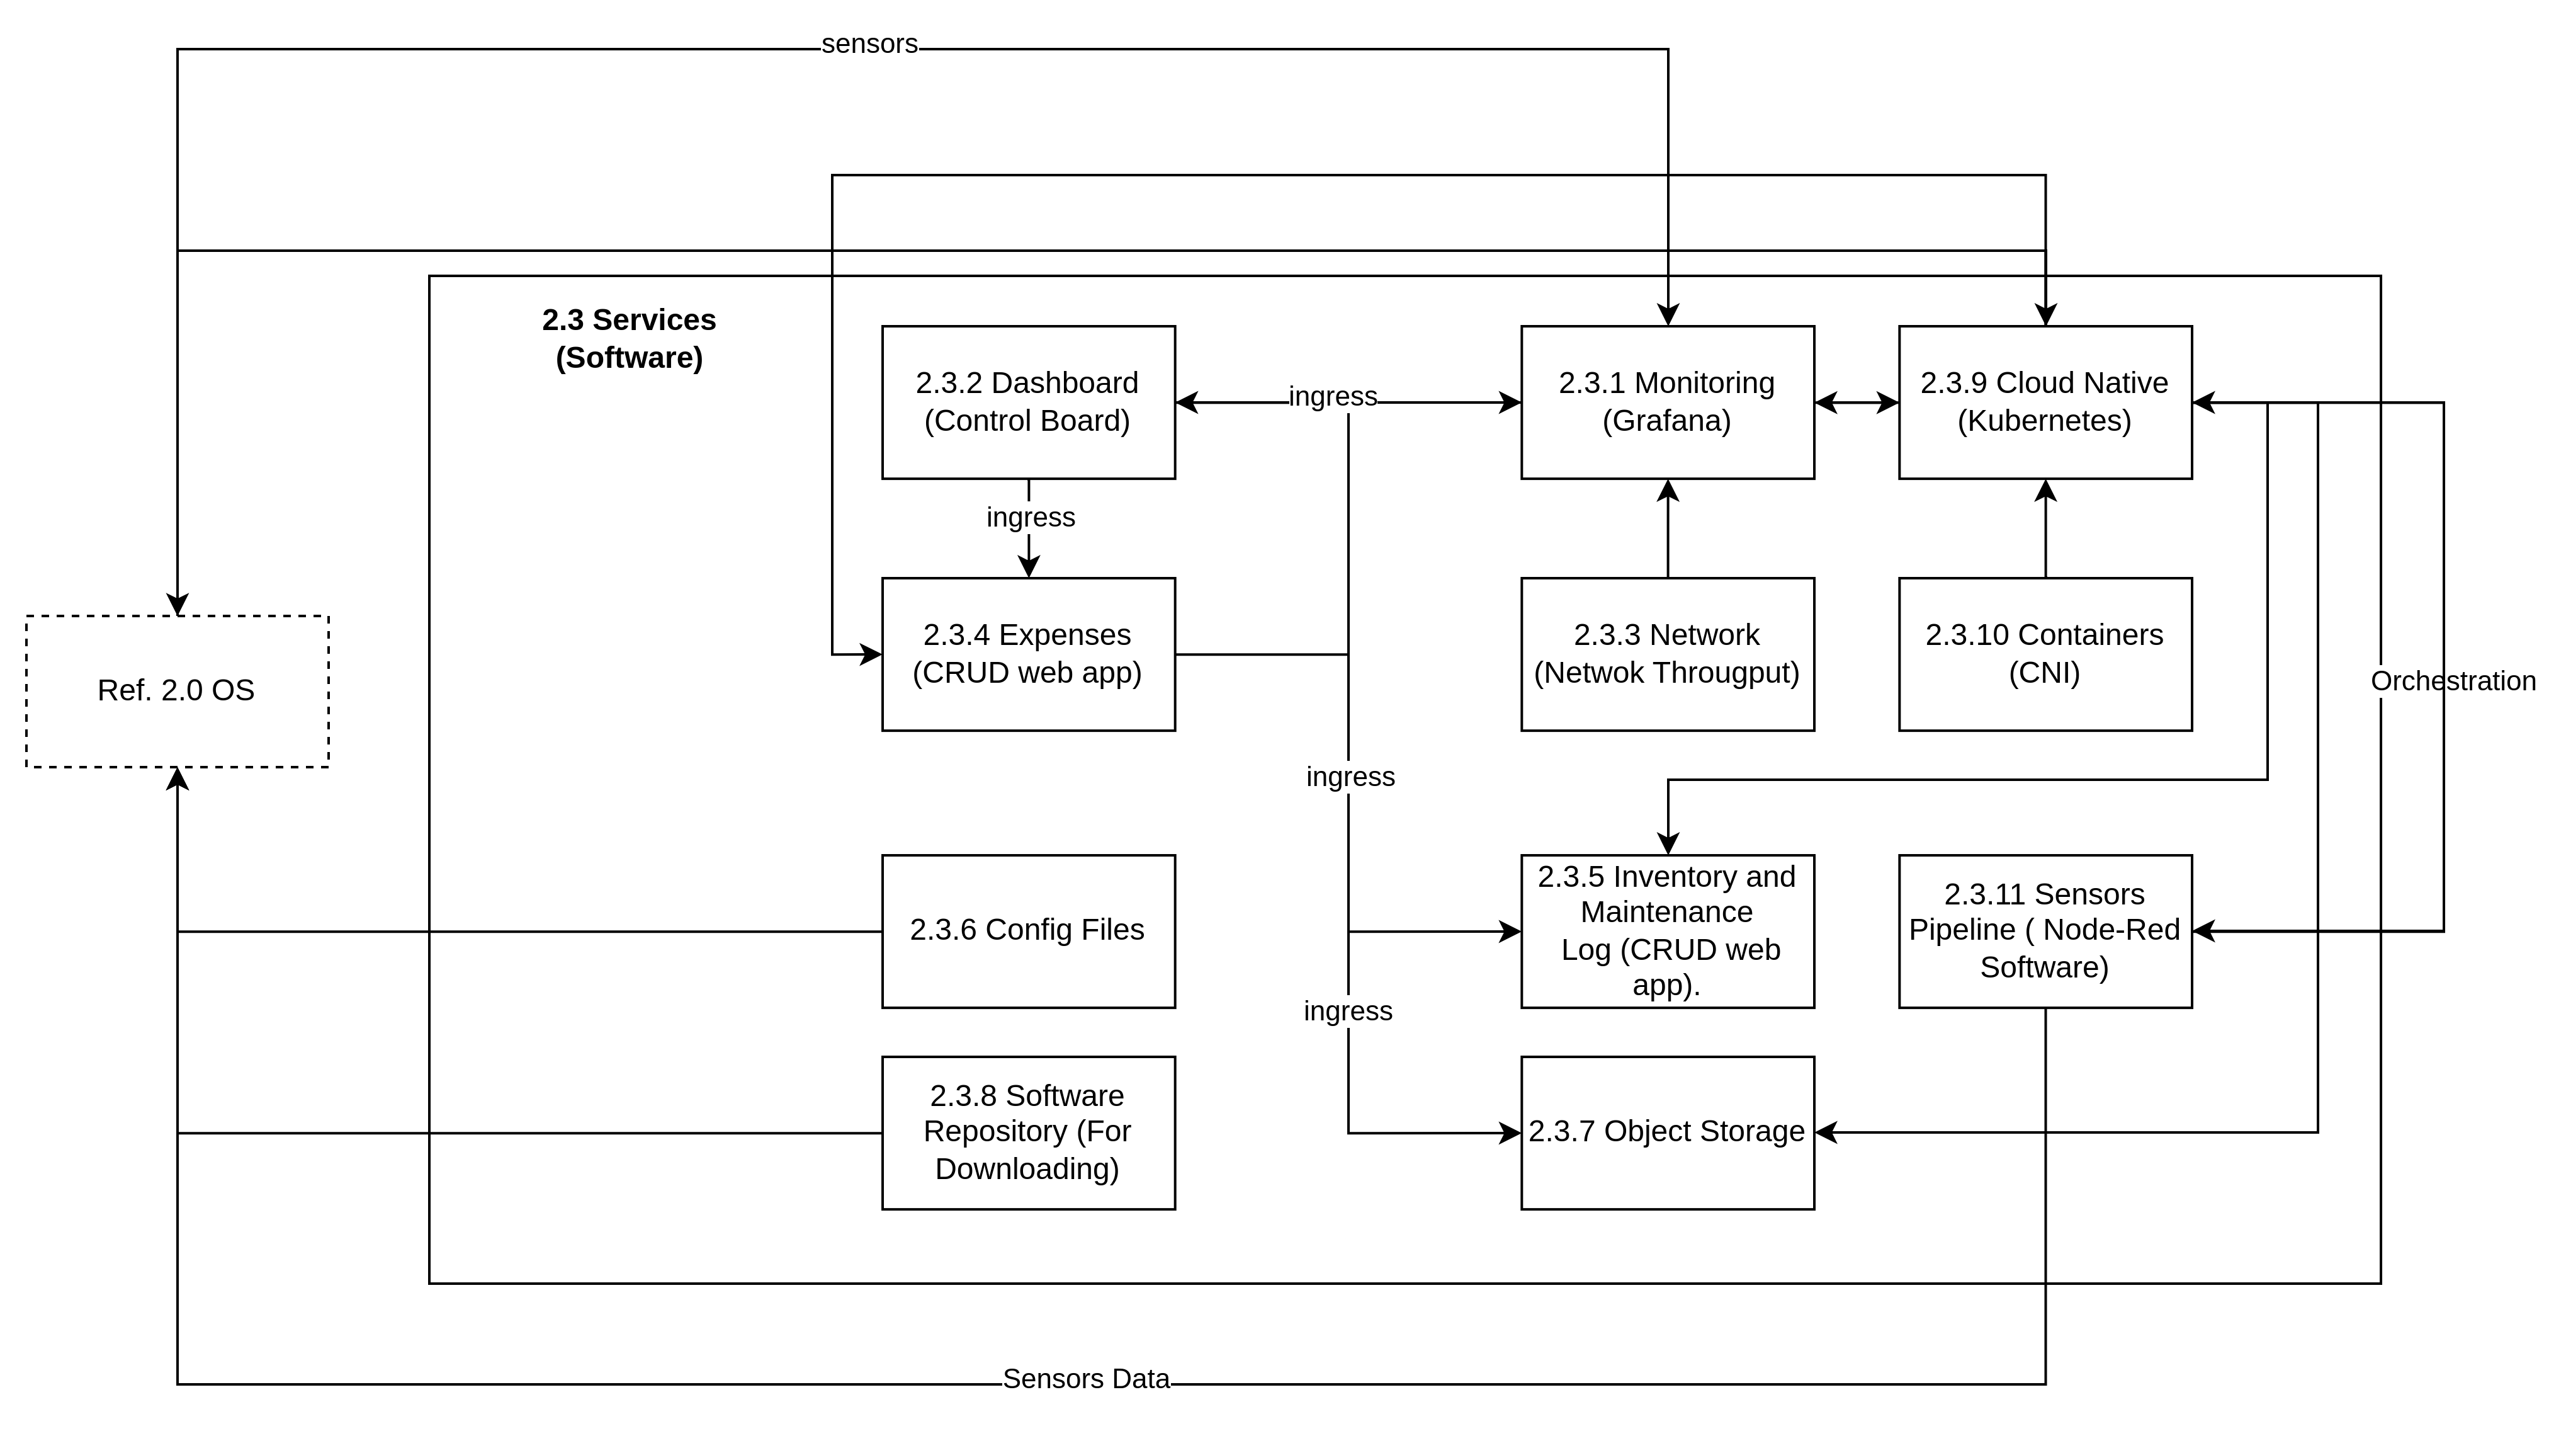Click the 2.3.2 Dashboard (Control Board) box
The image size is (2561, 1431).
click(x=1028, y=402)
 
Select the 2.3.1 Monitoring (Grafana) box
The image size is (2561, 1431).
click(x=1667, y=402)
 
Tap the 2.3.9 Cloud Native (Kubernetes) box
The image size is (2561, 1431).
click(x=2045, y=402)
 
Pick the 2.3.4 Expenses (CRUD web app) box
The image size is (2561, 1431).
click(x=1028, y=654)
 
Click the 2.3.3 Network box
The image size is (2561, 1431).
click(x=1667, y=654)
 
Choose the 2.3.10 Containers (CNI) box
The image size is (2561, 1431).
click(x=2045, y=654)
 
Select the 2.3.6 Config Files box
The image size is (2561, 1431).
click(x=1028, y=932)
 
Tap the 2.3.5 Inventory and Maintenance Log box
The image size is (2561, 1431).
click(x=1667, y=932)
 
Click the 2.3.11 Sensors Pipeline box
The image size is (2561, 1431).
click(x=2045, y=932)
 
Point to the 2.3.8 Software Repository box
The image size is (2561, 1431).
click(x=1028, y=1132)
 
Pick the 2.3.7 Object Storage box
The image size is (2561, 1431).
click(x=1667, y=1132)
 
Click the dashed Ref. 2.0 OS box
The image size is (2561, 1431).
click(x=177, y=691)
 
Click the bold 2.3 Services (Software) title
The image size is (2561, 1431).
click(x=630, y=338)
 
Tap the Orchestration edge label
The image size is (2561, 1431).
click(x=2453, y=681)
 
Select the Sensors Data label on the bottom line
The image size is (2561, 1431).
click(x=1085, y=1379)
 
